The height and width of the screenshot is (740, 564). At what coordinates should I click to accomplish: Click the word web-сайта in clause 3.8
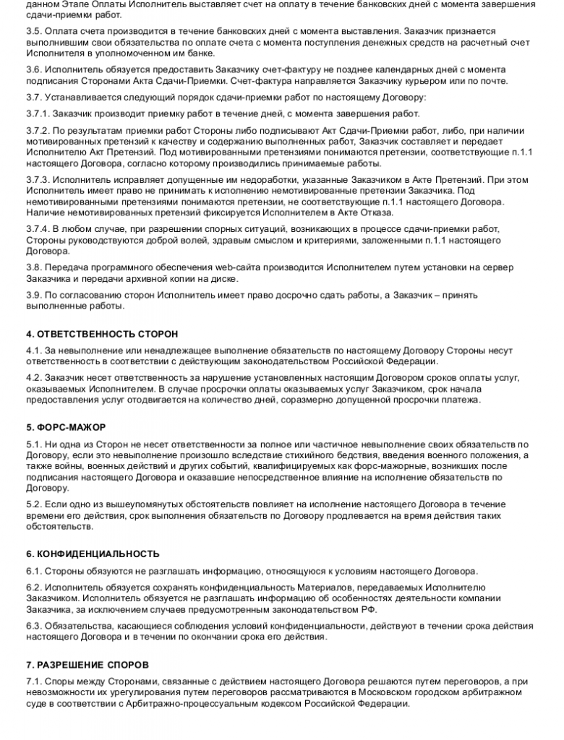[202, 267]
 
